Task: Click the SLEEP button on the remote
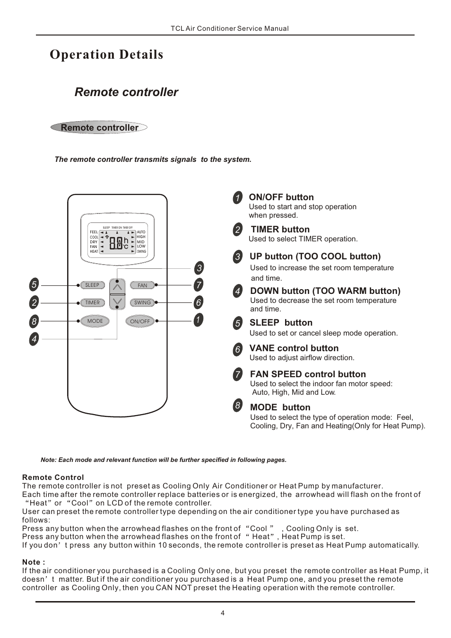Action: point(92,285)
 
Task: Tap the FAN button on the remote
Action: point(142,285)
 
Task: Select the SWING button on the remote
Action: point(142,302)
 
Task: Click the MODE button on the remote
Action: point(95,321)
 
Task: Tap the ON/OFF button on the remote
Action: point(140,321)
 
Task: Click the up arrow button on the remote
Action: point(117,287)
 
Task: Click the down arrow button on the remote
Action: point(117,301)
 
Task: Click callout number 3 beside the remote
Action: point(199,268)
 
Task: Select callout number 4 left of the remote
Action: point(34,339)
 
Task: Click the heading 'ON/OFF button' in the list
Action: point(281,197)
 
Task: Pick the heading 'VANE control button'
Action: point(294,348)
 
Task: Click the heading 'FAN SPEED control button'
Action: point(308,374)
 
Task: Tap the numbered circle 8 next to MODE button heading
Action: point(237,405)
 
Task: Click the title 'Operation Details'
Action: point(106,54)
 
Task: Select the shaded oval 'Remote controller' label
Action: point(99,128)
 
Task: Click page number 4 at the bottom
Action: point(223,613)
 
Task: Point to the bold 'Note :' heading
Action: point(34,562)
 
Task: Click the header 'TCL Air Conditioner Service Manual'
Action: point(230,28)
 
